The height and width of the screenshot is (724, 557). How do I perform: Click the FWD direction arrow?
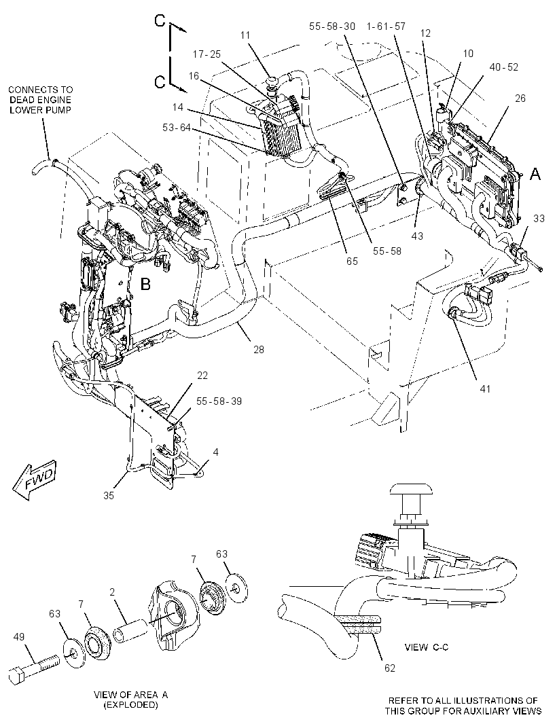coord(35,480)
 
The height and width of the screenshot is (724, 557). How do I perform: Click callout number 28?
coord(259,350)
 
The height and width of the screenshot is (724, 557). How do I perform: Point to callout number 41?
coord(484,388)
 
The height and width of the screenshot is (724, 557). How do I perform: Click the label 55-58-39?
coord(219,401)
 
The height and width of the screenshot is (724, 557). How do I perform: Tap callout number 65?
coord(352,261)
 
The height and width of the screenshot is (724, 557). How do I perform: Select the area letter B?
coord(145,284)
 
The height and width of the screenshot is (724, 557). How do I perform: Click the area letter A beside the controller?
coord(535,174)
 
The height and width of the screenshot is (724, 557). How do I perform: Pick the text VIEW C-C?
coord(427,647)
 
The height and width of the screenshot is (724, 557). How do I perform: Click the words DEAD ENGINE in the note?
coord(41,100)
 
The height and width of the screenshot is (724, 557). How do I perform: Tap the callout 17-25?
coord(207,54)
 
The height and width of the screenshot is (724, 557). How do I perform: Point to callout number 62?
coord(390,668)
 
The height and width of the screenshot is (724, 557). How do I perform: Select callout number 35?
coord(109,495)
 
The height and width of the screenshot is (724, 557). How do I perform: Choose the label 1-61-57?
coord(386,26)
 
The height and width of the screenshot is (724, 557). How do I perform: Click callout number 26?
coord(520,98)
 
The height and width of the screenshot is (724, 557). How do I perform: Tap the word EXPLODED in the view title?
coord(130,704)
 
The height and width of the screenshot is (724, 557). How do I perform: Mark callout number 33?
coord(539,219)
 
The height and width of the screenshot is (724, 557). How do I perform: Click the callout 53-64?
coord(177,127)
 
